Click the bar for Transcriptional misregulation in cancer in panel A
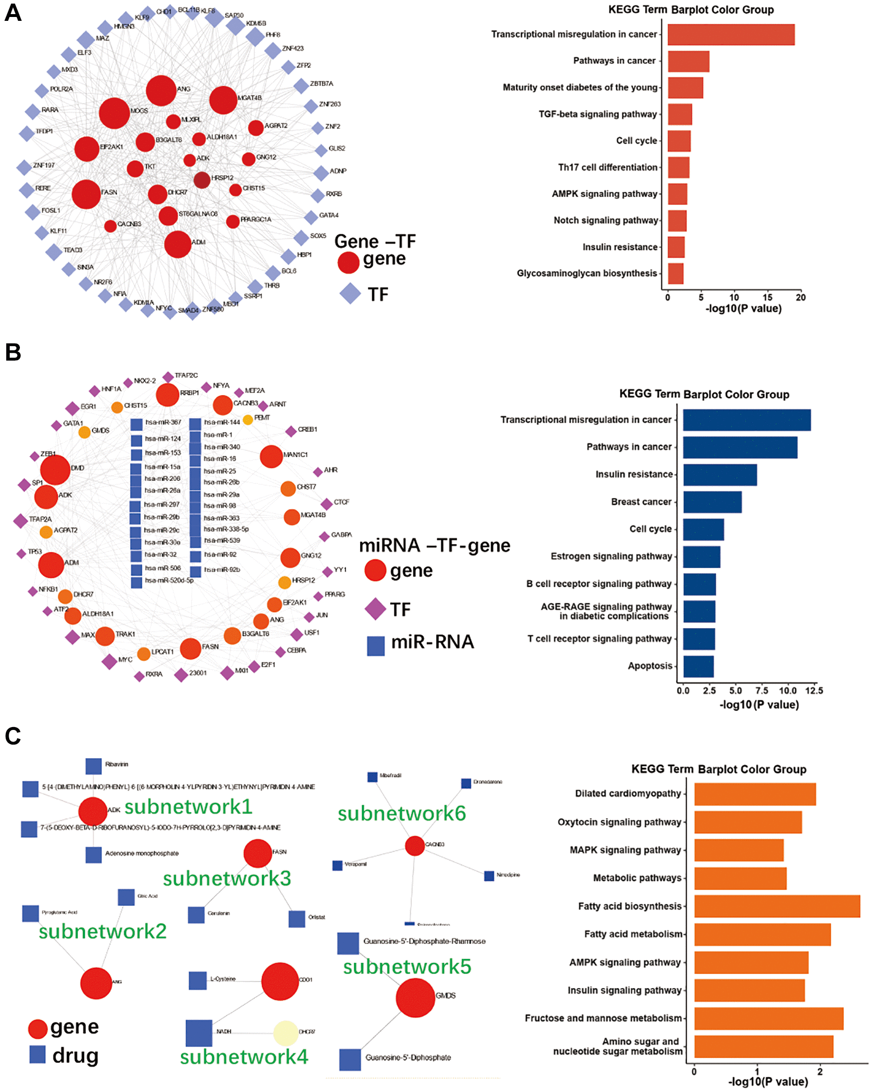730,34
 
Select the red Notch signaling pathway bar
676,220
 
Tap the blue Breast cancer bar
711,501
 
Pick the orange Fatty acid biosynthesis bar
776,906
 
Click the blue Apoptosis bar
698,666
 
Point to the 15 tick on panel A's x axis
767,298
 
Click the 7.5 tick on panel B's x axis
761,690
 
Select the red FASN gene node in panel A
86,194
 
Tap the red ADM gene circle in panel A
177,244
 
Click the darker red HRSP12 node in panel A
201,180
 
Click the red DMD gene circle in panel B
55,469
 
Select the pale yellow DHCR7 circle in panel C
286,1033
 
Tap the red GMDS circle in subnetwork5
415,997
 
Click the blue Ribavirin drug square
93,766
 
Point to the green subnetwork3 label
227,879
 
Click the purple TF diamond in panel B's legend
375,609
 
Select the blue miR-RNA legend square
375,646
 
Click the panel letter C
13,735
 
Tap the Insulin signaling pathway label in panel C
624,990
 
